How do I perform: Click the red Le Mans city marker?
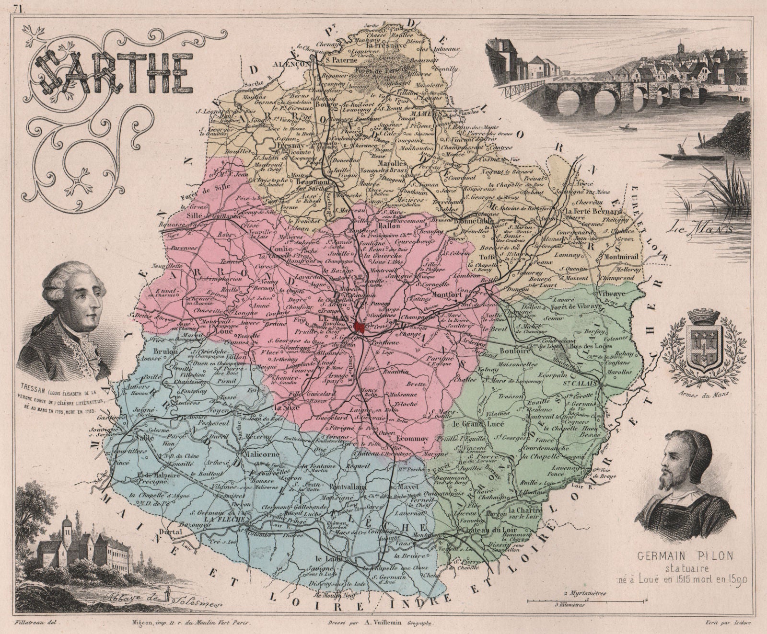[360, 328]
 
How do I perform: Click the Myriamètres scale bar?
[587, 600]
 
